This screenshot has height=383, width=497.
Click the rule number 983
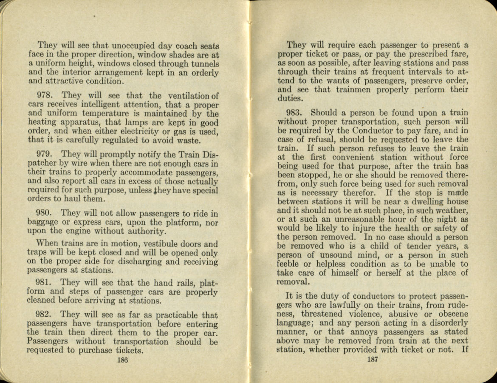tap(294, 113)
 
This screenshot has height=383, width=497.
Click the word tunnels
tap(204, 64)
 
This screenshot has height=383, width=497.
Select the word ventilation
tap(186, 96)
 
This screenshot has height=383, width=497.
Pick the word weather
tap(449, 210)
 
